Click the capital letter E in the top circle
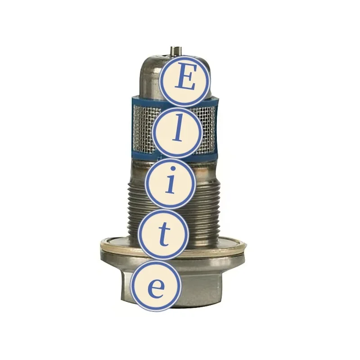(185, 80)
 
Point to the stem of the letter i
(170, 187)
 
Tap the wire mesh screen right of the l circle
(207, 128)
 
